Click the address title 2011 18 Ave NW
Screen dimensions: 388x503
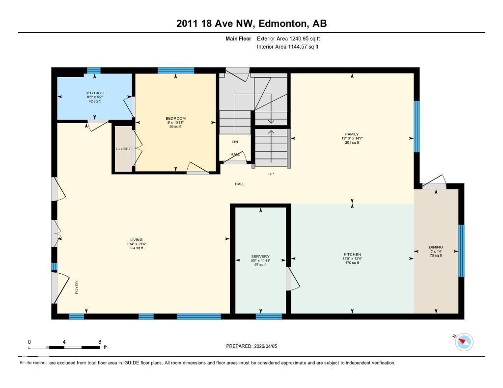click(251, 24)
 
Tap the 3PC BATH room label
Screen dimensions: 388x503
click(94, 93)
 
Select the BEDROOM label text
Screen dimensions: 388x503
click(175, 118)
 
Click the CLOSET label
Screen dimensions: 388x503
click(123, 149)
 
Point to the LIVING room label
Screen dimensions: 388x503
click(136, 240)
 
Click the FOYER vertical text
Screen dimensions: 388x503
click(77, 287)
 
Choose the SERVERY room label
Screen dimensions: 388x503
click(260, 257)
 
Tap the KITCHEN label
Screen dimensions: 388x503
click(352, 255)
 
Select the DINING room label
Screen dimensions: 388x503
click(436, 247)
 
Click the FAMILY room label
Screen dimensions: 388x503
click(352, 134)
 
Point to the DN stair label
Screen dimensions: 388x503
click(235, 142)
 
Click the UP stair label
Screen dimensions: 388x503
click(271, 174)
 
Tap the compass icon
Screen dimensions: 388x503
click(464, 342)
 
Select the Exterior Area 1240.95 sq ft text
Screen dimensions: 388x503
click(288, 38)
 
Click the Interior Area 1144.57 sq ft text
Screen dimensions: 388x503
click(287, 47)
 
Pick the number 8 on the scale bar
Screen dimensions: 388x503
click(100, 342)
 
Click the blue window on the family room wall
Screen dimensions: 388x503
click(417, 126)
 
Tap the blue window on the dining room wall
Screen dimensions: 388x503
click(461, 250)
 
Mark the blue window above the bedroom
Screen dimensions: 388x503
click(175, 71)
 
